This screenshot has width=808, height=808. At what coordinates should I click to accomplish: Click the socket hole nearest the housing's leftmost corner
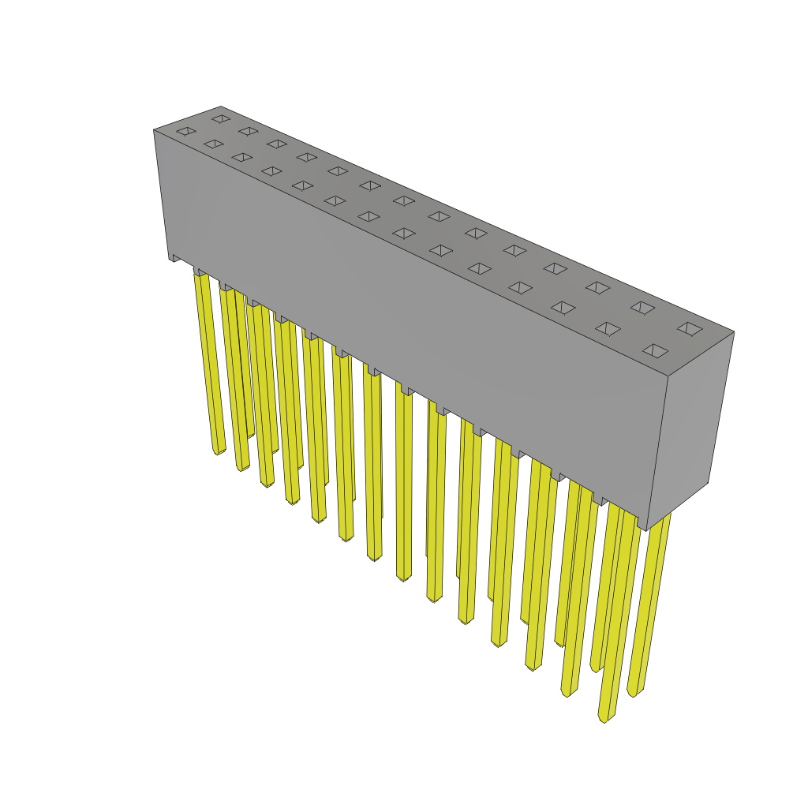pyautogui.click(x=186, y=131)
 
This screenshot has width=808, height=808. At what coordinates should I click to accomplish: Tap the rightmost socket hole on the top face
pyautogui.click(x=690, y=329)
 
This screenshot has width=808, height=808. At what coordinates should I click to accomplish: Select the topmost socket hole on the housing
pyautogui.click(x=221, y=119)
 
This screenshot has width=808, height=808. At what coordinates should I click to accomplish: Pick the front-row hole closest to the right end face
pyautogui.click(x=655, y=350)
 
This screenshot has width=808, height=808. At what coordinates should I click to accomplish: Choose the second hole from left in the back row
pyautogui.click(x=248, y=131)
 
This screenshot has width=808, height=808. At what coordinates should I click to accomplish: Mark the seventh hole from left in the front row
pyautogui.click(x=368, y=216)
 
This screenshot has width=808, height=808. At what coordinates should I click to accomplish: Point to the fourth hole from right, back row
pyautogui.click(x=555, y=268)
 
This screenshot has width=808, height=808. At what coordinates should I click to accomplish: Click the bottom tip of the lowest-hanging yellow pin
pyautogui.click(x=604, y=719)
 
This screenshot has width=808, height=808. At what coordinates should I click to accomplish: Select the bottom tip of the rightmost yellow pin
pyautogui.click(x=633, y=694)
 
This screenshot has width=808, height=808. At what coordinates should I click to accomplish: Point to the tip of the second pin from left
pyautogui.click(x=242, y=467)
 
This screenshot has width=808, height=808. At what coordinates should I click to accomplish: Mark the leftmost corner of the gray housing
pyautogui.click(x=155, y=131)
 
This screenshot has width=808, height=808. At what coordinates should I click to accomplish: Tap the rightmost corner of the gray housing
pyautogui.click(x=734, y=332)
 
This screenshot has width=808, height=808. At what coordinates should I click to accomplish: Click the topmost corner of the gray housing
pyautogui.click(x=220, y=107)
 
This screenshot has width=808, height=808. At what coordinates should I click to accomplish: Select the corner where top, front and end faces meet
pyautogui.click(x=668, y=376)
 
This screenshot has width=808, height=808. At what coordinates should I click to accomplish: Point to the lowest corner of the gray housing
pyautogui.click(x=648, y=530)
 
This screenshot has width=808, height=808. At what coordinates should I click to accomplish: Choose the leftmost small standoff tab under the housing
pyautogui.click(x=177, y=257)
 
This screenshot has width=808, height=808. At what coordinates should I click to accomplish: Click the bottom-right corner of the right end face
pyautogui.click(x=707, y=482)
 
